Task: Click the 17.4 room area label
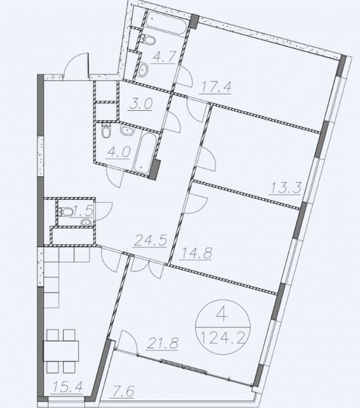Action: (x=215, y=87)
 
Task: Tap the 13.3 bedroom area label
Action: (x=286, y=188)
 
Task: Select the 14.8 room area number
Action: (x=196, y=253)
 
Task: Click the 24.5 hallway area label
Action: (x=150, y=240)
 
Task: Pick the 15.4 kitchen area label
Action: (x=68, y=386)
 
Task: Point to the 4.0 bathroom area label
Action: (x=119, y=152)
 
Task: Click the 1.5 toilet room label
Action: (x=83, y=210)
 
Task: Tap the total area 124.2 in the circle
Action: (x=224, y=338)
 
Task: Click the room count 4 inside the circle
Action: (x=222, y=315)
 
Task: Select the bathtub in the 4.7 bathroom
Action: (x=166, y=22)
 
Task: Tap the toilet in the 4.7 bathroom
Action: (x=148, y=40)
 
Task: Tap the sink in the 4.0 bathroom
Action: (x=127, y=130)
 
